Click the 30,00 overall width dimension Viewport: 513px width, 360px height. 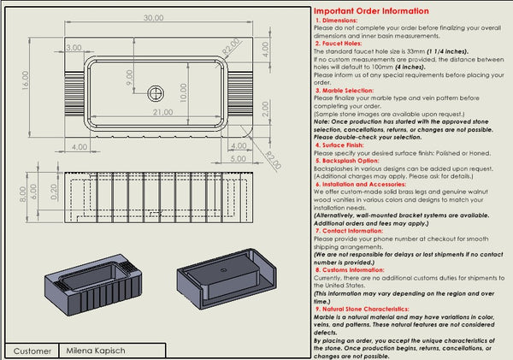[x=153, y=17]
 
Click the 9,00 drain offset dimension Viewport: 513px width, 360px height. [x=130, y=77]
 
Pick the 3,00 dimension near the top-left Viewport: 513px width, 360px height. [x=74, y=48]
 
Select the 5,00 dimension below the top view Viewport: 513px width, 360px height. [x=239, y=159]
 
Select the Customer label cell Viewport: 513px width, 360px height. [x=32, y=351]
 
